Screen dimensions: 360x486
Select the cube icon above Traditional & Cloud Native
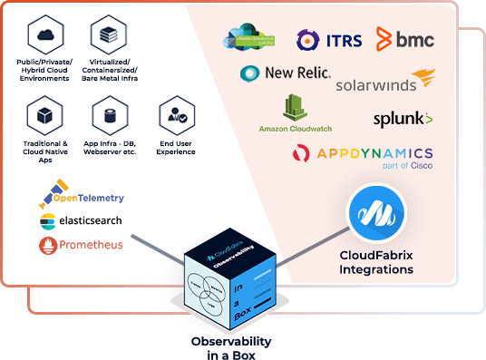[44, 115]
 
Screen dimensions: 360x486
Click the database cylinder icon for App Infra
[109, 115]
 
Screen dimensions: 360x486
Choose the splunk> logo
[403, 119]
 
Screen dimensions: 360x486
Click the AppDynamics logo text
[363, 153]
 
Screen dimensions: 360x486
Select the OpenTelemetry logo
[82, 194]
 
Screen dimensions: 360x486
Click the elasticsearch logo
[81, 220]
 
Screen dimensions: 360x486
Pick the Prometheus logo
[82, 245]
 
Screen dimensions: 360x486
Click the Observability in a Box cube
[226, 282]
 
